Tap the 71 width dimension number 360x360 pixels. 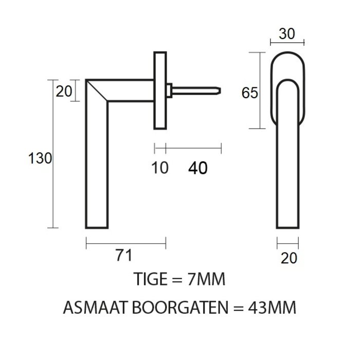coord(123,255)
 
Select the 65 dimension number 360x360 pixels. coord(249,93)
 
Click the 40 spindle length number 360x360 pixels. coord(198,168)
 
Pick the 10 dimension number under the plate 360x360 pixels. coord(160,168)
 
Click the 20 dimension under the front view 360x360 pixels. coord(289,258)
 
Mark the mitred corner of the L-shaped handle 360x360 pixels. coord(97,91)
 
